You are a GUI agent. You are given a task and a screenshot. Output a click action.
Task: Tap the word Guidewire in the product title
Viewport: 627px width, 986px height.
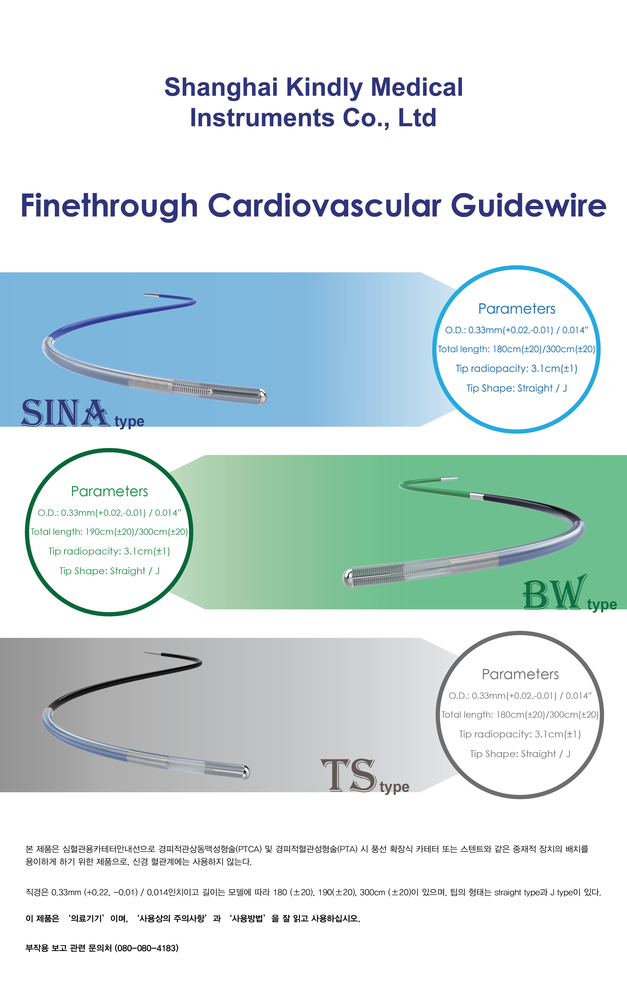528,206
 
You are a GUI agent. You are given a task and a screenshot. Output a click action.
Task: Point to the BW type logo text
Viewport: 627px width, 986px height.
569,594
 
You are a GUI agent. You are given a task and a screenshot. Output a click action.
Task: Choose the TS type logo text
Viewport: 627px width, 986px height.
364,776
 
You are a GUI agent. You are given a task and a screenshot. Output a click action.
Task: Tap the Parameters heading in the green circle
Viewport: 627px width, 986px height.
109,491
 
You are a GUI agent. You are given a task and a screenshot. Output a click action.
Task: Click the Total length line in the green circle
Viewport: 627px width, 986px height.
109,532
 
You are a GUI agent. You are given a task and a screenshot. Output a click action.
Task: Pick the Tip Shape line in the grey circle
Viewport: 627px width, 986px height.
520,754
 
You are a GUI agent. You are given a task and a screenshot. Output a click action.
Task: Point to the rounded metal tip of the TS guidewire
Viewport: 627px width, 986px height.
245,772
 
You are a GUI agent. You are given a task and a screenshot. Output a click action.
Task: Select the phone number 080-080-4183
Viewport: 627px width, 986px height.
147,948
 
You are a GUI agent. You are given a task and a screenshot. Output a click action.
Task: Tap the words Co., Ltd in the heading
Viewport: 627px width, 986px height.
389,118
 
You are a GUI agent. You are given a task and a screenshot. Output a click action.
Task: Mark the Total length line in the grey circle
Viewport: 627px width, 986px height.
520,714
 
